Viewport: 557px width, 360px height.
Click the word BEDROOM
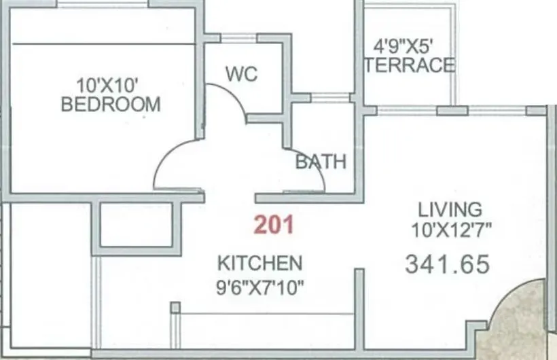(111, 105)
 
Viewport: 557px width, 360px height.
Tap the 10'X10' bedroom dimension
(108, 86)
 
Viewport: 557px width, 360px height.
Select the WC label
(242, 74)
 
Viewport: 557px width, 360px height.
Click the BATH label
(321, 162)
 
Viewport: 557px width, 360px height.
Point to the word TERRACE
(409, 65)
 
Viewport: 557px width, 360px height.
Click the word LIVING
(450, 209)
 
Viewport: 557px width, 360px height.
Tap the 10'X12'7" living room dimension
(451, 230)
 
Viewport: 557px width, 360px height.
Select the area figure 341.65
(447, 264)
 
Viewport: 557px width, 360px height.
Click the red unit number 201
(274, 225)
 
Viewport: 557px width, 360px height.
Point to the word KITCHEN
(259, 263)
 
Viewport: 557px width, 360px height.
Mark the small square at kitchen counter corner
(175, 308)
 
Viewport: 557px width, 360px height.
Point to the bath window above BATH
(329, 99)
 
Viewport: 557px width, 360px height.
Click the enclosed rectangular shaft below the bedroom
(136, 224)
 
